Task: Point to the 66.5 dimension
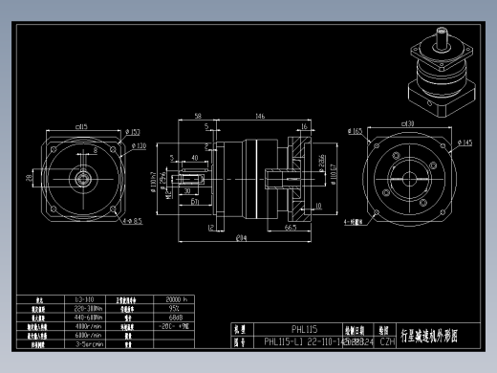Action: [288, 228]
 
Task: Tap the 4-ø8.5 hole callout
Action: [133, 221]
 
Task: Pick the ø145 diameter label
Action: [466, 143]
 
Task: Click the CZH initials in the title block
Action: [388, 340]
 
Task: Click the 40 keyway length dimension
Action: [195, 157]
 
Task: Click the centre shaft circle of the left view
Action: [83, 177]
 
